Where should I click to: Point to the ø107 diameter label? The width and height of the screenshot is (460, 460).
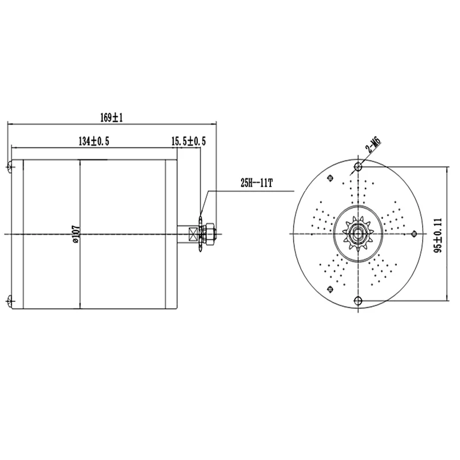pyautogui.click(x=76, y=233)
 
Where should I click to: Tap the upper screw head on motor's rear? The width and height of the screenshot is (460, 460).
pyautogui.click(x=10, y=167)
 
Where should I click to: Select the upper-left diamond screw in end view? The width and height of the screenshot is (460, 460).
pyautogui.click(x=329, y=178)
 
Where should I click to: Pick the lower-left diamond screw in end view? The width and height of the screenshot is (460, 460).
pyautogui.click(x=329, y=289)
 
